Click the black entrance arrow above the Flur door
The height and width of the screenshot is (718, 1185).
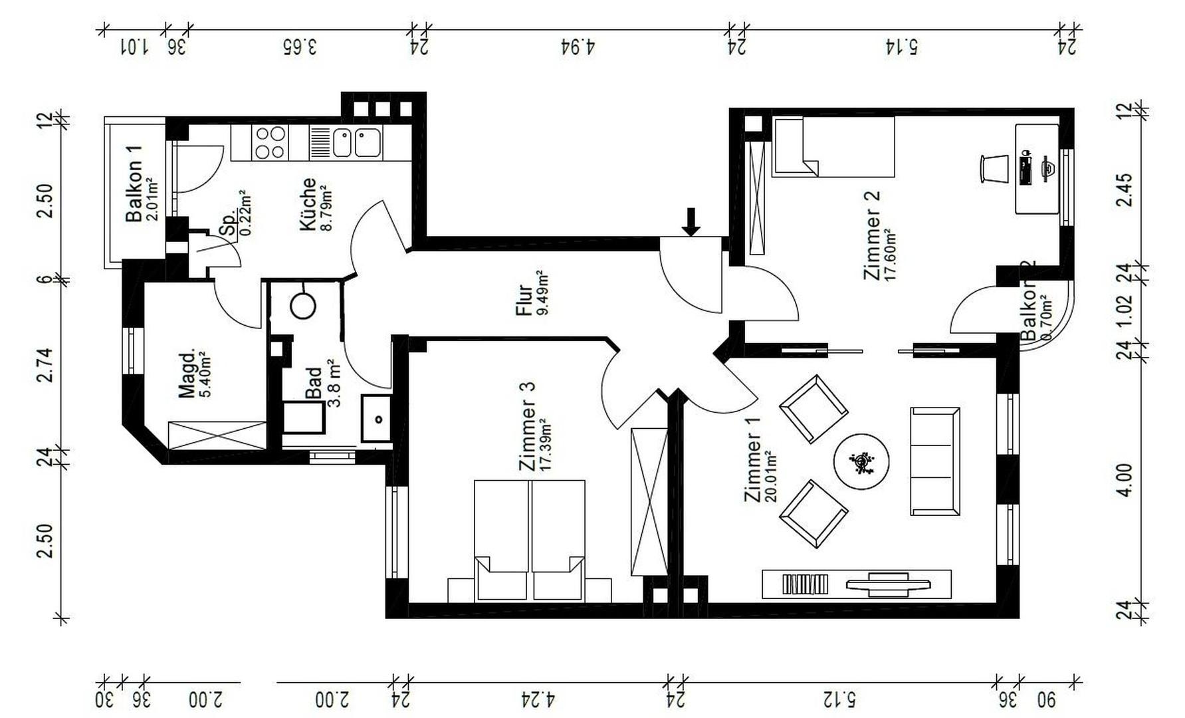pos(691,222)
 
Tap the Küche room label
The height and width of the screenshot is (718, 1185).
pos(315,204)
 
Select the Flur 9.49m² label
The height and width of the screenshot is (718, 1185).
pos(531,293)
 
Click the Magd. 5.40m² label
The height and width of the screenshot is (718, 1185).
pos(195,374)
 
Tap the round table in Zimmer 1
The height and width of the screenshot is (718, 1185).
pos(861,462)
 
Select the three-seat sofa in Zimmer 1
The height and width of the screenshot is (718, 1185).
pos(934,461)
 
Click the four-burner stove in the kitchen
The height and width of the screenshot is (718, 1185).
pos(270,143)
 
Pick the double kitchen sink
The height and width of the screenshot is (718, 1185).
pos(356,143)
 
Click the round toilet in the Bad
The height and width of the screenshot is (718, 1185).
pos(303,306)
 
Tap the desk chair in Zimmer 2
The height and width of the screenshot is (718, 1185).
pos(994,168)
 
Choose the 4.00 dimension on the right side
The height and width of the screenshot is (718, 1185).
pos(1124,480)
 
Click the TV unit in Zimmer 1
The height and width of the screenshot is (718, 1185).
pos(856,584)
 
